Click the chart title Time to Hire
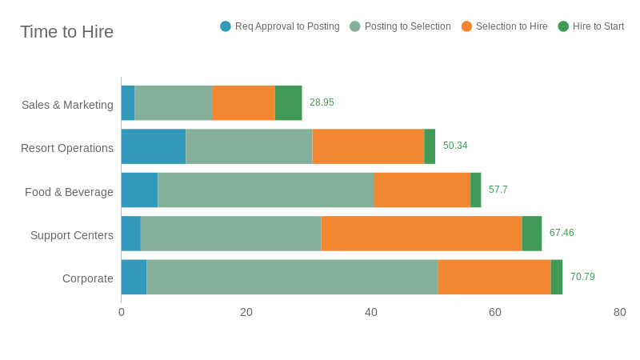66,32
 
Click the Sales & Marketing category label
67,105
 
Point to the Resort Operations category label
67,148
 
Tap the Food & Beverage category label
69,192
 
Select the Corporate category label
88,278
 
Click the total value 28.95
322,102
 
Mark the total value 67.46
562,233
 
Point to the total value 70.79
582,277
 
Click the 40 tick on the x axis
371,312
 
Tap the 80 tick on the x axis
620,312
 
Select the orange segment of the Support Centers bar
422,234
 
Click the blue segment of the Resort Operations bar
154,146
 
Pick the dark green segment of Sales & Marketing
288,103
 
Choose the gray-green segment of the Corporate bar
292,277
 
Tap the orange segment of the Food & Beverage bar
422,190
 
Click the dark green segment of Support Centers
532,234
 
